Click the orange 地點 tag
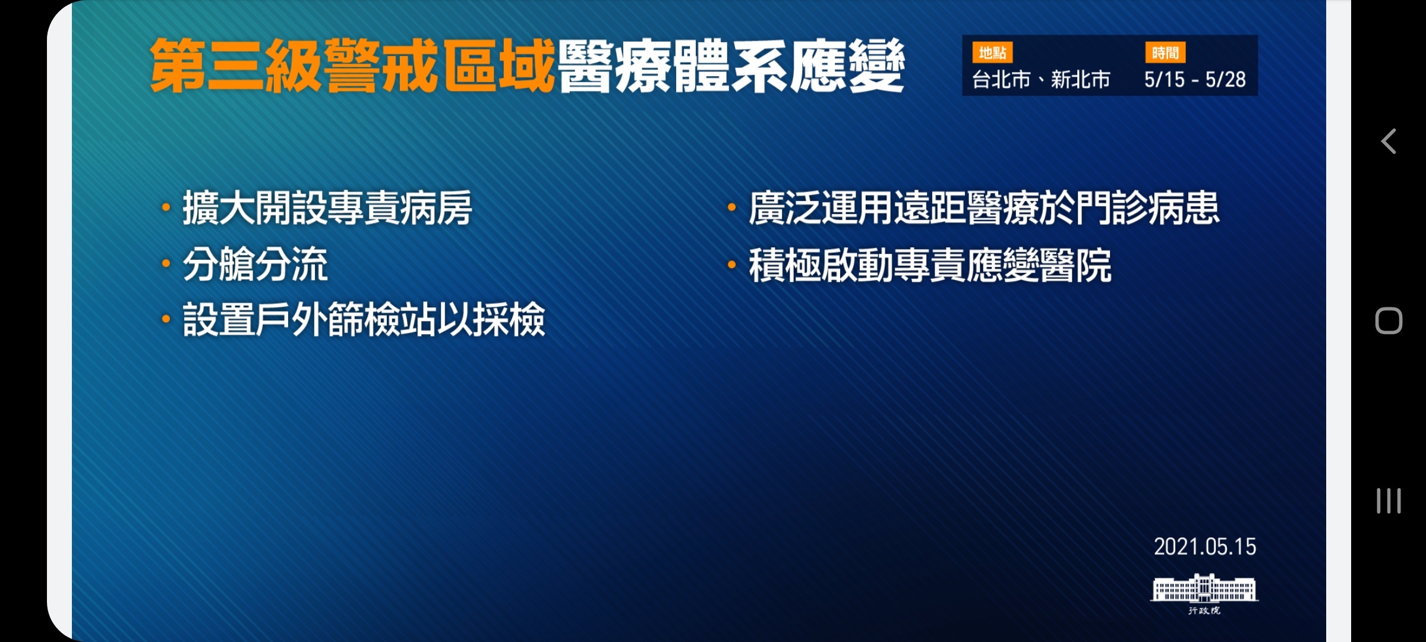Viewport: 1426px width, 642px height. [x=992, y=53]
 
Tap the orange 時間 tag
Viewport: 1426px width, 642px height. [x=1165, y=53]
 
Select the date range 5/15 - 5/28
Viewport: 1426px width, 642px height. [x=1195, y=80]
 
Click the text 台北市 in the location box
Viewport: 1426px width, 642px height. [x=1001, y=80]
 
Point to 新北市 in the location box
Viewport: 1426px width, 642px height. [x=1080, y=80]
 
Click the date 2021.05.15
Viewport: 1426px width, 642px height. [x=1205, y=547]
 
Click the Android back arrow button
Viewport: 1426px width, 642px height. [x=1389, y=141]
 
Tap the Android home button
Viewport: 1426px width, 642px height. [x=1389, y=321]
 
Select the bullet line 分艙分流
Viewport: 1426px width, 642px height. [x=255, y=265]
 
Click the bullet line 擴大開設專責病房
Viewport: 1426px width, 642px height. [x=327, y=208]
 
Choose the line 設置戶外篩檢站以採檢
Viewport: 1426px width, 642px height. [x=364, y=320]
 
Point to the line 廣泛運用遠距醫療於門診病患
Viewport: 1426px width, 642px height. [x=984, y=208]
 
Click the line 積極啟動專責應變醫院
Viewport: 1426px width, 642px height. [x=930, y=265]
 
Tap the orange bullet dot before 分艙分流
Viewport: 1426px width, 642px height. [x=166, y=264]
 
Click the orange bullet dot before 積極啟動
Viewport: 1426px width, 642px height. [x=732, y=265]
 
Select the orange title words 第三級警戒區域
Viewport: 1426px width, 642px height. [x=352, y=66]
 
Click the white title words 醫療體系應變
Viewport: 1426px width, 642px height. [x=731, y=66]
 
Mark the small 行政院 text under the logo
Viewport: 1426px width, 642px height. [x=1204, y=610]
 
